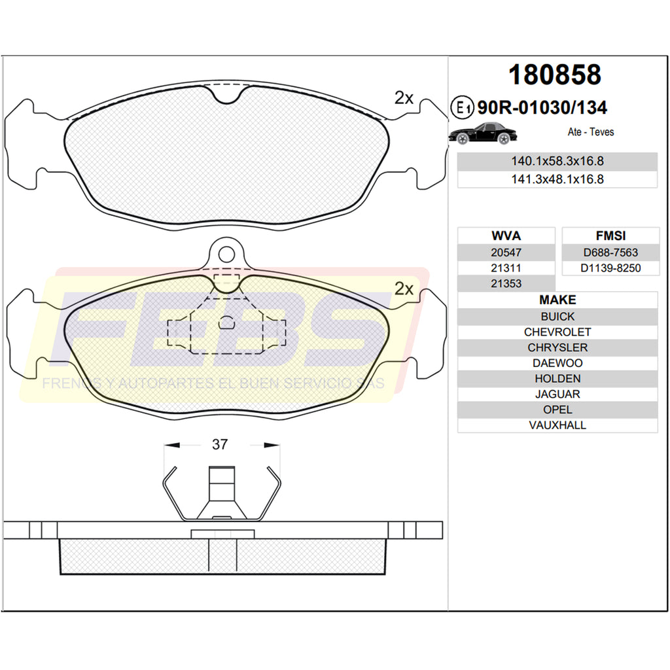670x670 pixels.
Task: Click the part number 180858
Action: tap(555, 75)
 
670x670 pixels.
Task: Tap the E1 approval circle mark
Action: tap(463, 107)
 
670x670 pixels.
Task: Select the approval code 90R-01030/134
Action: tap(542, 108)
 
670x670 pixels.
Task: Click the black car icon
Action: tap(483, 133)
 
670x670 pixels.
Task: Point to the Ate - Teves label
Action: tap(591, 132)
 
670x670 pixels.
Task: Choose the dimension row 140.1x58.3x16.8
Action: tap(557, 161)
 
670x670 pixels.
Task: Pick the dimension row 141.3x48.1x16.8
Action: tap(557, 179)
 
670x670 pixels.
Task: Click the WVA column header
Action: tap(506, 236)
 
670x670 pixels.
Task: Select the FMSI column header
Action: tap(610, 236)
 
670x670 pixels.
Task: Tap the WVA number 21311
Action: tap(506, 268)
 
